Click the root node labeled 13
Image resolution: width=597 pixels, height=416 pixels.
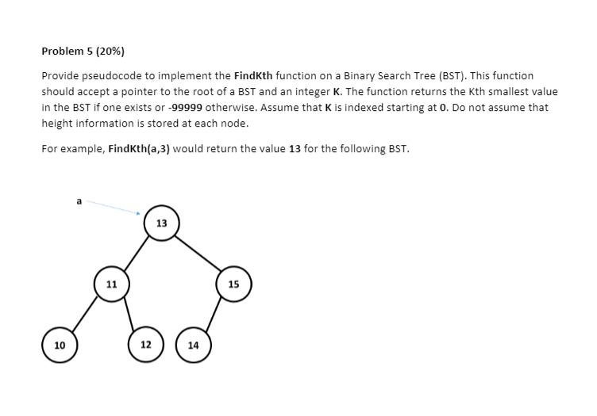coord(161,223)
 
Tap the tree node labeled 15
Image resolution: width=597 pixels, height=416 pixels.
coord(233,284)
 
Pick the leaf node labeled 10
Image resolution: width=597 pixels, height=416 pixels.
coord(60,345)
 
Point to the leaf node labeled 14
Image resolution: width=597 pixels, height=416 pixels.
coord(194,345)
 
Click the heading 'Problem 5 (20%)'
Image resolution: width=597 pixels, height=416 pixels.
coord(83,52)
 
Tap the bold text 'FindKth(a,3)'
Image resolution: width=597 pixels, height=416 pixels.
coord(137,147)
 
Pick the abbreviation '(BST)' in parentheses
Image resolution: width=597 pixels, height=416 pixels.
coord(466,75)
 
